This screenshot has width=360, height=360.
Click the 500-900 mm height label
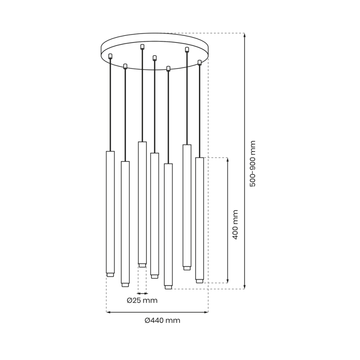(x=253, y=163)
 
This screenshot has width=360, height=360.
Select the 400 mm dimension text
(x=236, y=224)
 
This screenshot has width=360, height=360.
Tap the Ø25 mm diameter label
(x=142, y=300)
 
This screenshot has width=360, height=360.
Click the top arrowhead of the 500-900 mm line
(x=244, y=35)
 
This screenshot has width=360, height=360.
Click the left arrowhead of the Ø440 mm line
(x=109, y=312)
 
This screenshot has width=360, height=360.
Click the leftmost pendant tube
(x=110, y=212)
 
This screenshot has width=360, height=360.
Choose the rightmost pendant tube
(x=199, y=218)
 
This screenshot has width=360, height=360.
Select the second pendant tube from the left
(x=125, y=222)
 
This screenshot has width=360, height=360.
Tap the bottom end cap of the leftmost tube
(x=110, y=275)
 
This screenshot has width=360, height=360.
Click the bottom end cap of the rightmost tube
(x=199, y=281)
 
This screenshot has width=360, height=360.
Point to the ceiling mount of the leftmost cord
(x=110, y=56)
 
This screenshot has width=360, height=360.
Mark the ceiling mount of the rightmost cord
(x=199, y=63)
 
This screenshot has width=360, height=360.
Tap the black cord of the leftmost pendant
(x=110, y=104)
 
